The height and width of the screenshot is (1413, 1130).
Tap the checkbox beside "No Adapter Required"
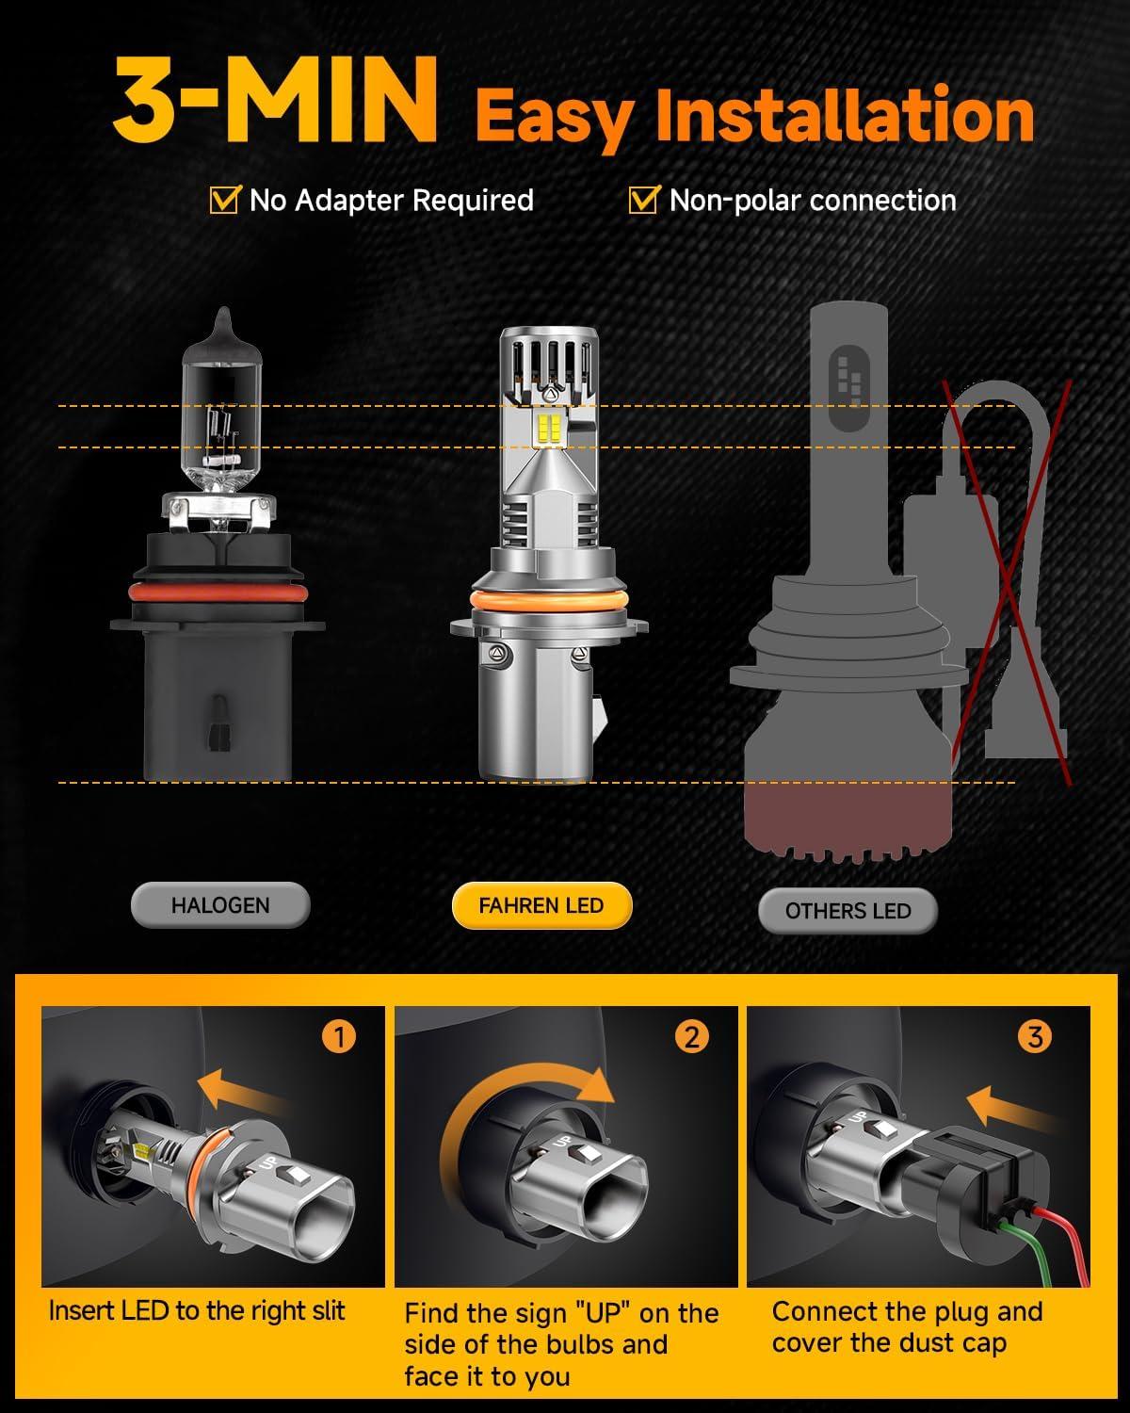coord(223,200)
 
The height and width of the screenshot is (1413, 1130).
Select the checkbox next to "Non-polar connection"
coord(643,200)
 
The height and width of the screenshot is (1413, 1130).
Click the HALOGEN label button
coord(220,905)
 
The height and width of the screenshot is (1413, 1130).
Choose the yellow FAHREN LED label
coord(541,905)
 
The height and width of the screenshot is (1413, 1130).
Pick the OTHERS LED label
coord(847,911)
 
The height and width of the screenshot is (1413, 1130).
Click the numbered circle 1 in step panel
coord(339,1037)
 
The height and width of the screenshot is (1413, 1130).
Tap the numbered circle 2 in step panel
coord(691,1037)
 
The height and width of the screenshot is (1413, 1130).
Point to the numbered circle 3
coord(1035,1037)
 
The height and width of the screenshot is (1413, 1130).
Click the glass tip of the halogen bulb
coord(222,325)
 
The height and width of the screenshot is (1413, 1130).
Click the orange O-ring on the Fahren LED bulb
coord(541,603)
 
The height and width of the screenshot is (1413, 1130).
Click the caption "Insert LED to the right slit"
coord(197,1310)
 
